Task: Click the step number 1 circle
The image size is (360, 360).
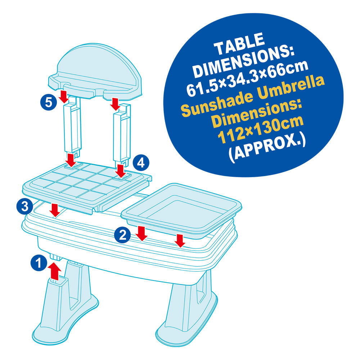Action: point(39,262)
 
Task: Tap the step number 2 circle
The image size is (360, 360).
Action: point(122,235)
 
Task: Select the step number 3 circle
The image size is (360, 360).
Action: point(25,206)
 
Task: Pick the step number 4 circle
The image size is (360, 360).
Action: point(141,163)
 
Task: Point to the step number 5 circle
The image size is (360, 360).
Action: point(49,102)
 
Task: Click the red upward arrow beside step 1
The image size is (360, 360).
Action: point(55,271)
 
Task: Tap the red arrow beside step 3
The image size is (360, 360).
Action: point(55,210)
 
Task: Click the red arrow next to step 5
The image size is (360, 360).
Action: point(64,96)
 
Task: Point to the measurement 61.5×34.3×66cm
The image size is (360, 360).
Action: point(247,78)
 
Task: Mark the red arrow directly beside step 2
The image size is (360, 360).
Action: point(141,233)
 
